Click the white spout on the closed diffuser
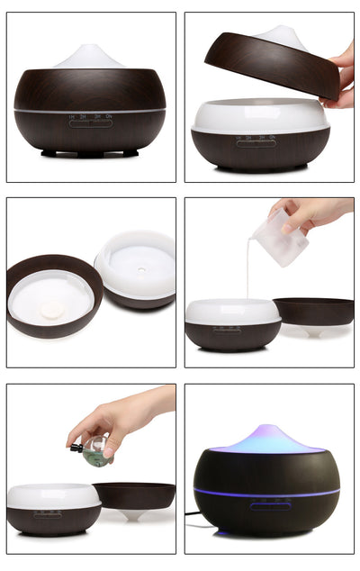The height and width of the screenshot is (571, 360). point(89,56)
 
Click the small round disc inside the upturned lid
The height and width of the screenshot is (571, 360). point(52,310)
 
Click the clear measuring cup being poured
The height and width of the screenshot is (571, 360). point(280,237)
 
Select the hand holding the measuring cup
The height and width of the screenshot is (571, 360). point(315,213)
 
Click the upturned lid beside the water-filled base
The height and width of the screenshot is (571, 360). point(314,312)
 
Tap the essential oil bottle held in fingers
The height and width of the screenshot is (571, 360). point(96,449)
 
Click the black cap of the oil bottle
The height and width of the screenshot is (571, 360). point(77,447)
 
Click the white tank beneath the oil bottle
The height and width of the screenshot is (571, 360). point(53,495)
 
